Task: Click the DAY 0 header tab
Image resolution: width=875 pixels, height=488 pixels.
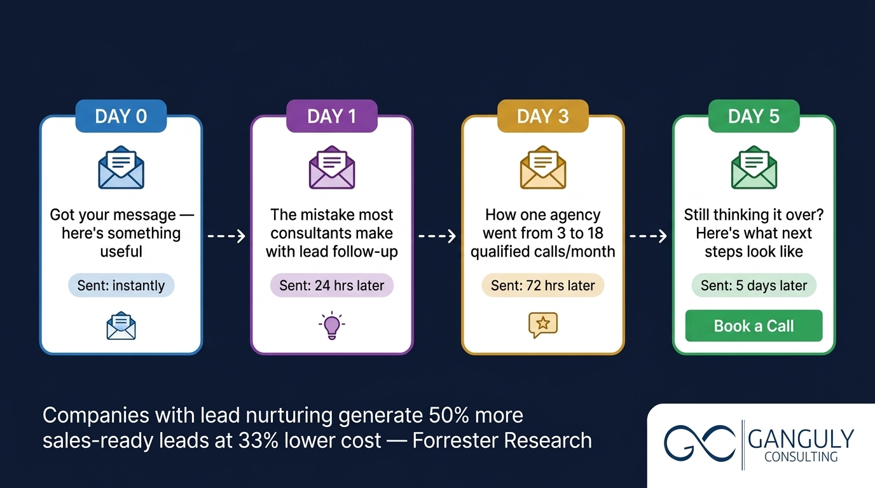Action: [x=121, y=116]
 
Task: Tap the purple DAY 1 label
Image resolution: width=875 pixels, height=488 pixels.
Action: [x=331, y=116]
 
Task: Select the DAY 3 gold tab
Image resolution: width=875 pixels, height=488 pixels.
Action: [x=542, y=116]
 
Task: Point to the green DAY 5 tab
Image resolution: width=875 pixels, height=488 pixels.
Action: [x=754, y=116]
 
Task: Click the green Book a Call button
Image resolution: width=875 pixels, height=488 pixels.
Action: [x=754, y=326]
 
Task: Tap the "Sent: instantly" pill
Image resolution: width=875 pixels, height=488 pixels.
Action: [x=121, y=285]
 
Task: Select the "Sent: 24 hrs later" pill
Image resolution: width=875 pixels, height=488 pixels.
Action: [x=331, y=285]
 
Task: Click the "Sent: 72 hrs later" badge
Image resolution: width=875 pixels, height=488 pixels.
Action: [x=542, y=285]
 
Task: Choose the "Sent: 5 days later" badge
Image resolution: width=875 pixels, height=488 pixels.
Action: [x=754, y=285]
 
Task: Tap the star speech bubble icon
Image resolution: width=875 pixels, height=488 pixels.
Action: [x=542, y=325]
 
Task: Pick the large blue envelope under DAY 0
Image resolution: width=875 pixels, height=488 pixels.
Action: [x=121, y=167]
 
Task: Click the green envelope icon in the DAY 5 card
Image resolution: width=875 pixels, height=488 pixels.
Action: [x=754, y=167]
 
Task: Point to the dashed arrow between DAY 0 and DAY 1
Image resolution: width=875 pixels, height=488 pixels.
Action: [x=226, y=236]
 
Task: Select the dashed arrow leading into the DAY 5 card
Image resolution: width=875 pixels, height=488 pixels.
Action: [x=648, y=236]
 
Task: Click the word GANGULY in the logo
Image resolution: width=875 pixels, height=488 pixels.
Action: [x=801, y=439]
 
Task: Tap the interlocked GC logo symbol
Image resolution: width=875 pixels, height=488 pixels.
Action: [x=699, y=442]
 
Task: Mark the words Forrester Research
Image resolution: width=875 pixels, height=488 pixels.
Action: [x=502, y=440]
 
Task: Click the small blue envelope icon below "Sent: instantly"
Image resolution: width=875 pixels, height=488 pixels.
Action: [x=121, y=326]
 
